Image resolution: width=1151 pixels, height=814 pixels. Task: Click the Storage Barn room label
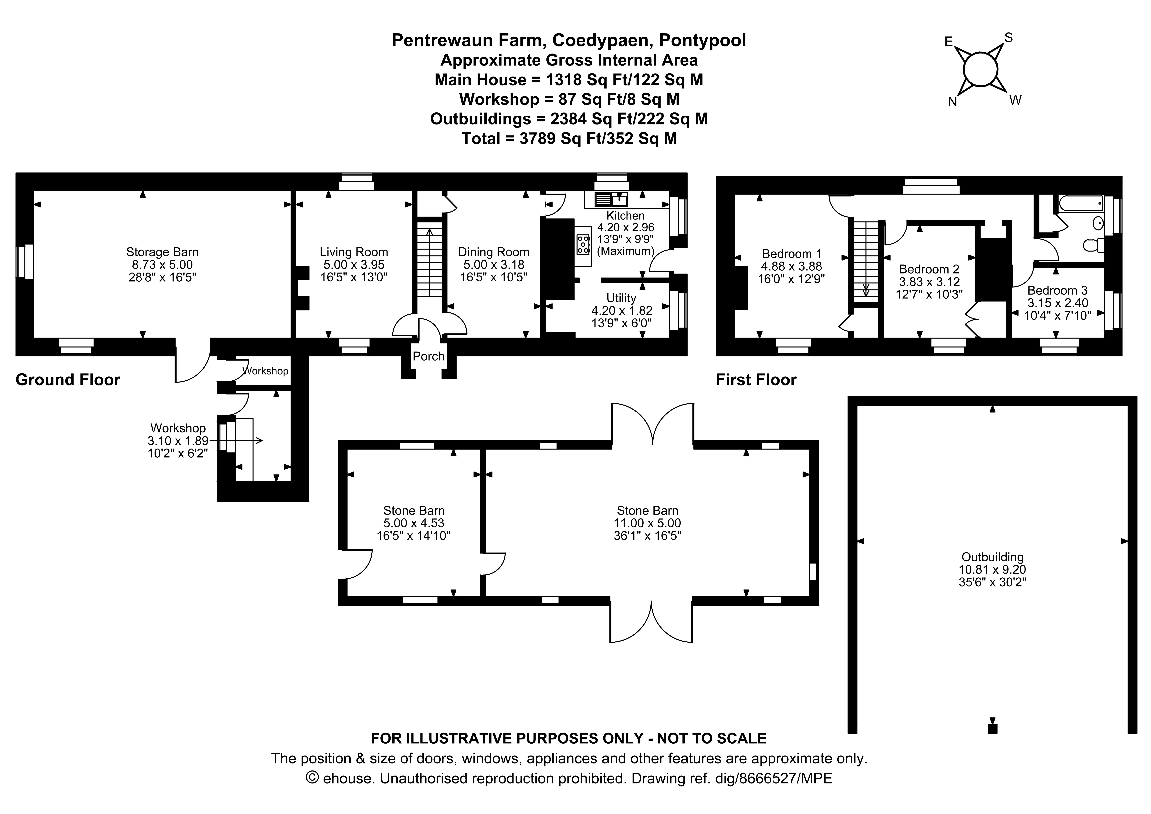(162, 252)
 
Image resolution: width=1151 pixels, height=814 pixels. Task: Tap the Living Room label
(354, 252)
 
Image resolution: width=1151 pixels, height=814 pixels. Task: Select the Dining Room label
(494, 252)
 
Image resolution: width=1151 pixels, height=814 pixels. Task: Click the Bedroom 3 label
(1058, 290)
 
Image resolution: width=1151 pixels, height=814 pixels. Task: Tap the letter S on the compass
(1009, 38)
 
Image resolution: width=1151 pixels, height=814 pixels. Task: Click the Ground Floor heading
(68, 380)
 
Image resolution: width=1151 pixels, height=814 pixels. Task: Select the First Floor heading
(756, 380)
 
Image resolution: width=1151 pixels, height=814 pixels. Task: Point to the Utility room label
(622, 298)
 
